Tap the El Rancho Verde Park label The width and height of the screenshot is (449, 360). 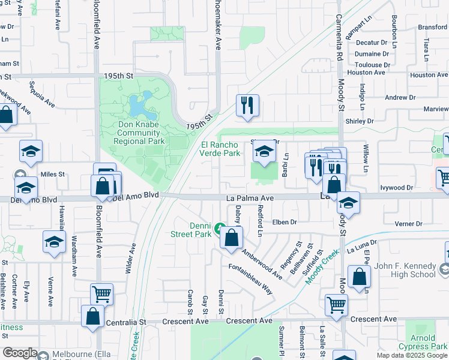(220, 149)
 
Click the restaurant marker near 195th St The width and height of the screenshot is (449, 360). (247, 106)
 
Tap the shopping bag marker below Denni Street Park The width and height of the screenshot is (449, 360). (231, 238)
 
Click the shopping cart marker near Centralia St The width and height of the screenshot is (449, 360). (101, 294)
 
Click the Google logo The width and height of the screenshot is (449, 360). (20, 353)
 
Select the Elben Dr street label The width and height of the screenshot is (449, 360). (285, 222)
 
